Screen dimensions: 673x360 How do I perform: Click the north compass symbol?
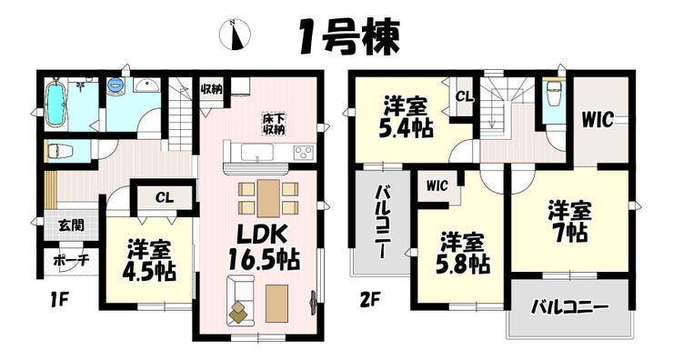[x=235, y=35]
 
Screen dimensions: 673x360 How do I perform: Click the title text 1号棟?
[x=349, y=37]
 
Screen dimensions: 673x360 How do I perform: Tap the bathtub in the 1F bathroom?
[x=55, y=104]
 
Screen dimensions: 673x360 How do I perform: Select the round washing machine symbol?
[x=115, y=85]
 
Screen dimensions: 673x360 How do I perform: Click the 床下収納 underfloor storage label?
[x=274, y=124]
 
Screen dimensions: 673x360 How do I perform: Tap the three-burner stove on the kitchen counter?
[x=304, y=153]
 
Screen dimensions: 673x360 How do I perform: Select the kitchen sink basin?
[x=257, y=153]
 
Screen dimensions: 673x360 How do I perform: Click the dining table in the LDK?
[x=268, y=198]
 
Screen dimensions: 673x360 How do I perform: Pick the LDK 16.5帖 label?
[x=264, y=247]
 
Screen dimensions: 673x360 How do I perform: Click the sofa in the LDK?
[x=241, y=300]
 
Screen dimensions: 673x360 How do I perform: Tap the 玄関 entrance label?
[x=71, y=225]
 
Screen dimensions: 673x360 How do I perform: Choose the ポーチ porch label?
[x=71, y=260]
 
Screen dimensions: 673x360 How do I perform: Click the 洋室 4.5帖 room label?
[x=149, y=261]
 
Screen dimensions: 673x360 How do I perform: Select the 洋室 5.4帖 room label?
[x=406, y=117]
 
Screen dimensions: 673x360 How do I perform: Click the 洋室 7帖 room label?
[x=570, y=222]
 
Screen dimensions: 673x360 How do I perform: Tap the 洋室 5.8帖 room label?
[x=463, y=255]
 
